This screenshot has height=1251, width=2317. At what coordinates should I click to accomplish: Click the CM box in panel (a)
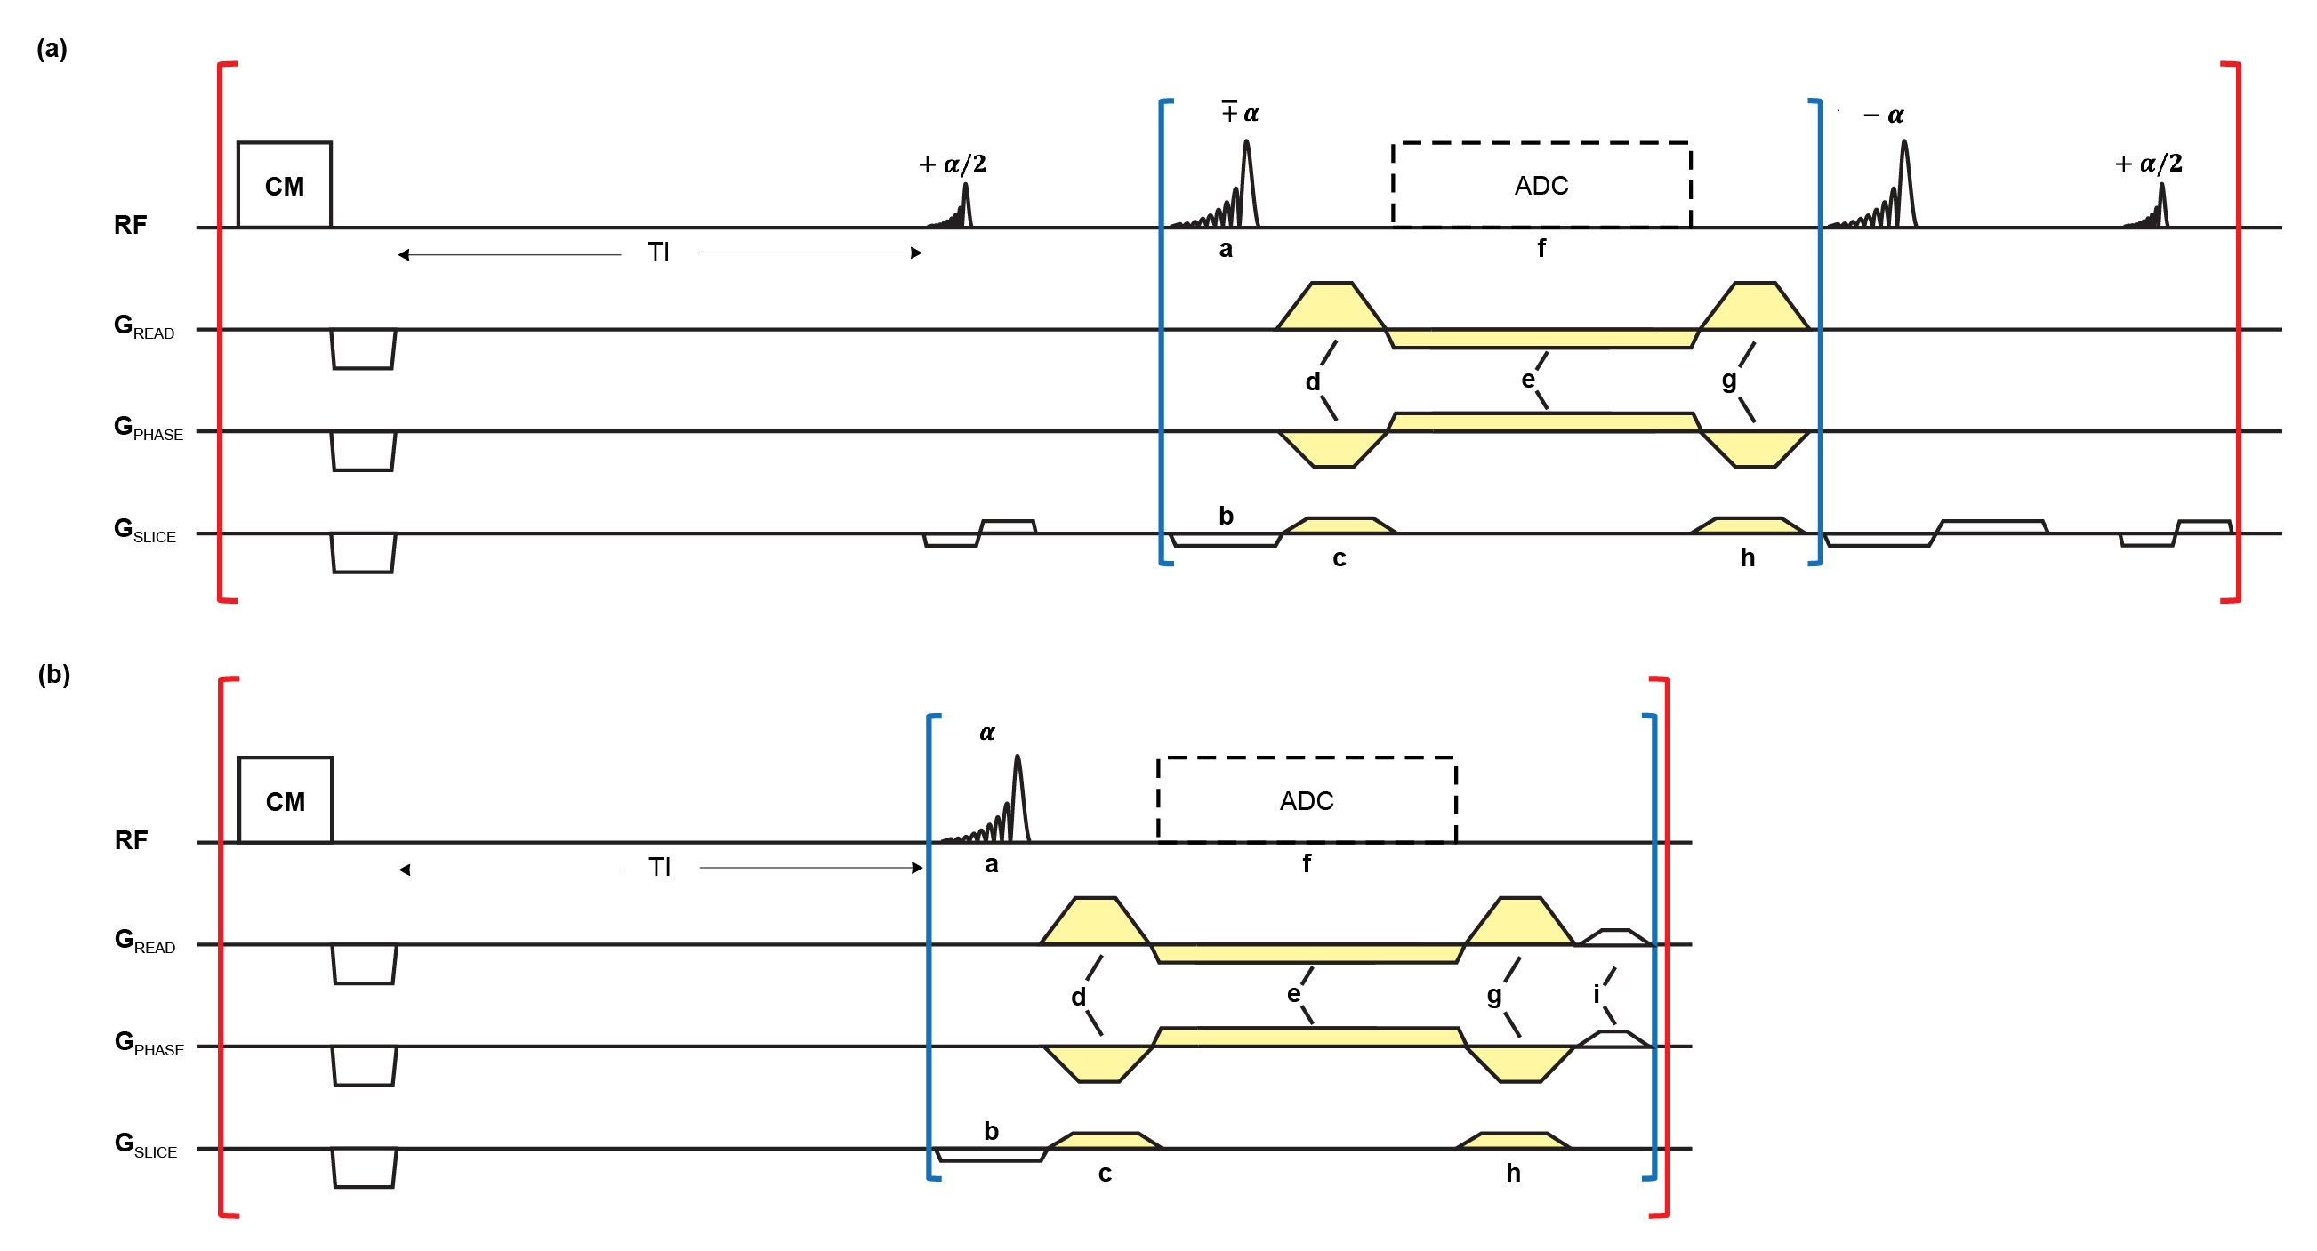pyautogui.click(x=285, y=184)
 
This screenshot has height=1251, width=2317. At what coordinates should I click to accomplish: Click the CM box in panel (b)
pyautogui.click(x=286, y=799)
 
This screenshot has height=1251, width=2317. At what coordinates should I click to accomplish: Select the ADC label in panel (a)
pyautogui.click(x=1541, y=186)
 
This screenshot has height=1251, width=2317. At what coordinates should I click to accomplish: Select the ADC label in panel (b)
pyautogui.click(x=1306, y=801)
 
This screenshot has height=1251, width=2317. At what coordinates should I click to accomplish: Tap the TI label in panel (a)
pyautogui.click(x=658, y=252)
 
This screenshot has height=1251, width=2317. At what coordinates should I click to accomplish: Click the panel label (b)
pyautogui.click(x=54, y=674)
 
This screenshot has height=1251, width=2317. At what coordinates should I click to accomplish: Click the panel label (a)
pyautogui.click(x=52, y=48)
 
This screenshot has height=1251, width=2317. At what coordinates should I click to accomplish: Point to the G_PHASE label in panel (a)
pyautogui.click(x=149, y=428)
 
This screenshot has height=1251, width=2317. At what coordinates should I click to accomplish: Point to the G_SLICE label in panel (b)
pyautogui.click(x=146, y=1145)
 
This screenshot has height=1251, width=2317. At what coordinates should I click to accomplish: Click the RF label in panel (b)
pyautogui.click(x=132, y=840)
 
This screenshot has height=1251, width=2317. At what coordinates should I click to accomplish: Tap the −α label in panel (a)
pyautogui.click(x=1885, y=115)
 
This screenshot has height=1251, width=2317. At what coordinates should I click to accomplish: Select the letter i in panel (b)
pyautogui.click(x=1597, y=994)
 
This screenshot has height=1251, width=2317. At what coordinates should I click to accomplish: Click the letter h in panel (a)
pyautogui.click(x=1748, y=557)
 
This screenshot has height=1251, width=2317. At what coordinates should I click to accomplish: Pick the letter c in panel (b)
pyautogui.click(x=1105, y=1174)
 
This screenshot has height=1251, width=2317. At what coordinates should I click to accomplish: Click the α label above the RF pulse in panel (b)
pyautogui.click(x=986, y=733)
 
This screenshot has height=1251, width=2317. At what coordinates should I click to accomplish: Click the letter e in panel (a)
pyautogui.click(x=1528, y=380)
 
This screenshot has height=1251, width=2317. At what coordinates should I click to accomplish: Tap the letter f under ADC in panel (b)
pyautogui.click(x=1307, y=863)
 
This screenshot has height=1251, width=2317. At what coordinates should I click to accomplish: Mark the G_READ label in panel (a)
pyautogui.click(x=144, y=326)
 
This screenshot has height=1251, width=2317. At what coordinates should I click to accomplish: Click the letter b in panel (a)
pyautogui.click(x=1226, y=516)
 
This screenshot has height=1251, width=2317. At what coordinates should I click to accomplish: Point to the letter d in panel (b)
pyautogui.click(x=1078, y=997)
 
